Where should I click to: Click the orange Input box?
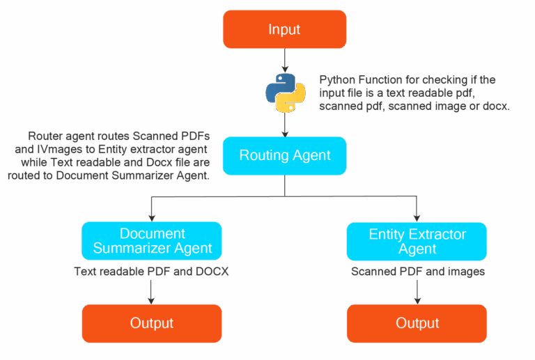284,29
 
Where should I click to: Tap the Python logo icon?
285,93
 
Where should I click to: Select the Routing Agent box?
284,155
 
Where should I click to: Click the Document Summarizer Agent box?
152,241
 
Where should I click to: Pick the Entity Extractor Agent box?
417,241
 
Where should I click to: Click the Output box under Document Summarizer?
152,323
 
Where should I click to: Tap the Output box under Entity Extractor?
417,323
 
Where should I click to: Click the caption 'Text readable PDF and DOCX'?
151,272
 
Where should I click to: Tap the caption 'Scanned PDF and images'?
417,272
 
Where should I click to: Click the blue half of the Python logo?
278,88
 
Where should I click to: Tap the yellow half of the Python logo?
293,99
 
